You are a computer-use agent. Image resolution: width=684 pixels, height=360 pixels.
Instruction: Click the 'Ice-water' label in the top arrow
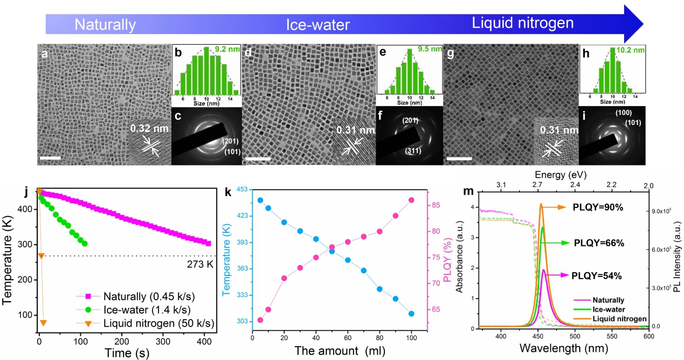(317, 25)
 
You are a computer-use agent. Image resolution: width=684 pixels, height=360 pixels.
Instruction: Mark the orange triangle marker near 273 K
(41, 255)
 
